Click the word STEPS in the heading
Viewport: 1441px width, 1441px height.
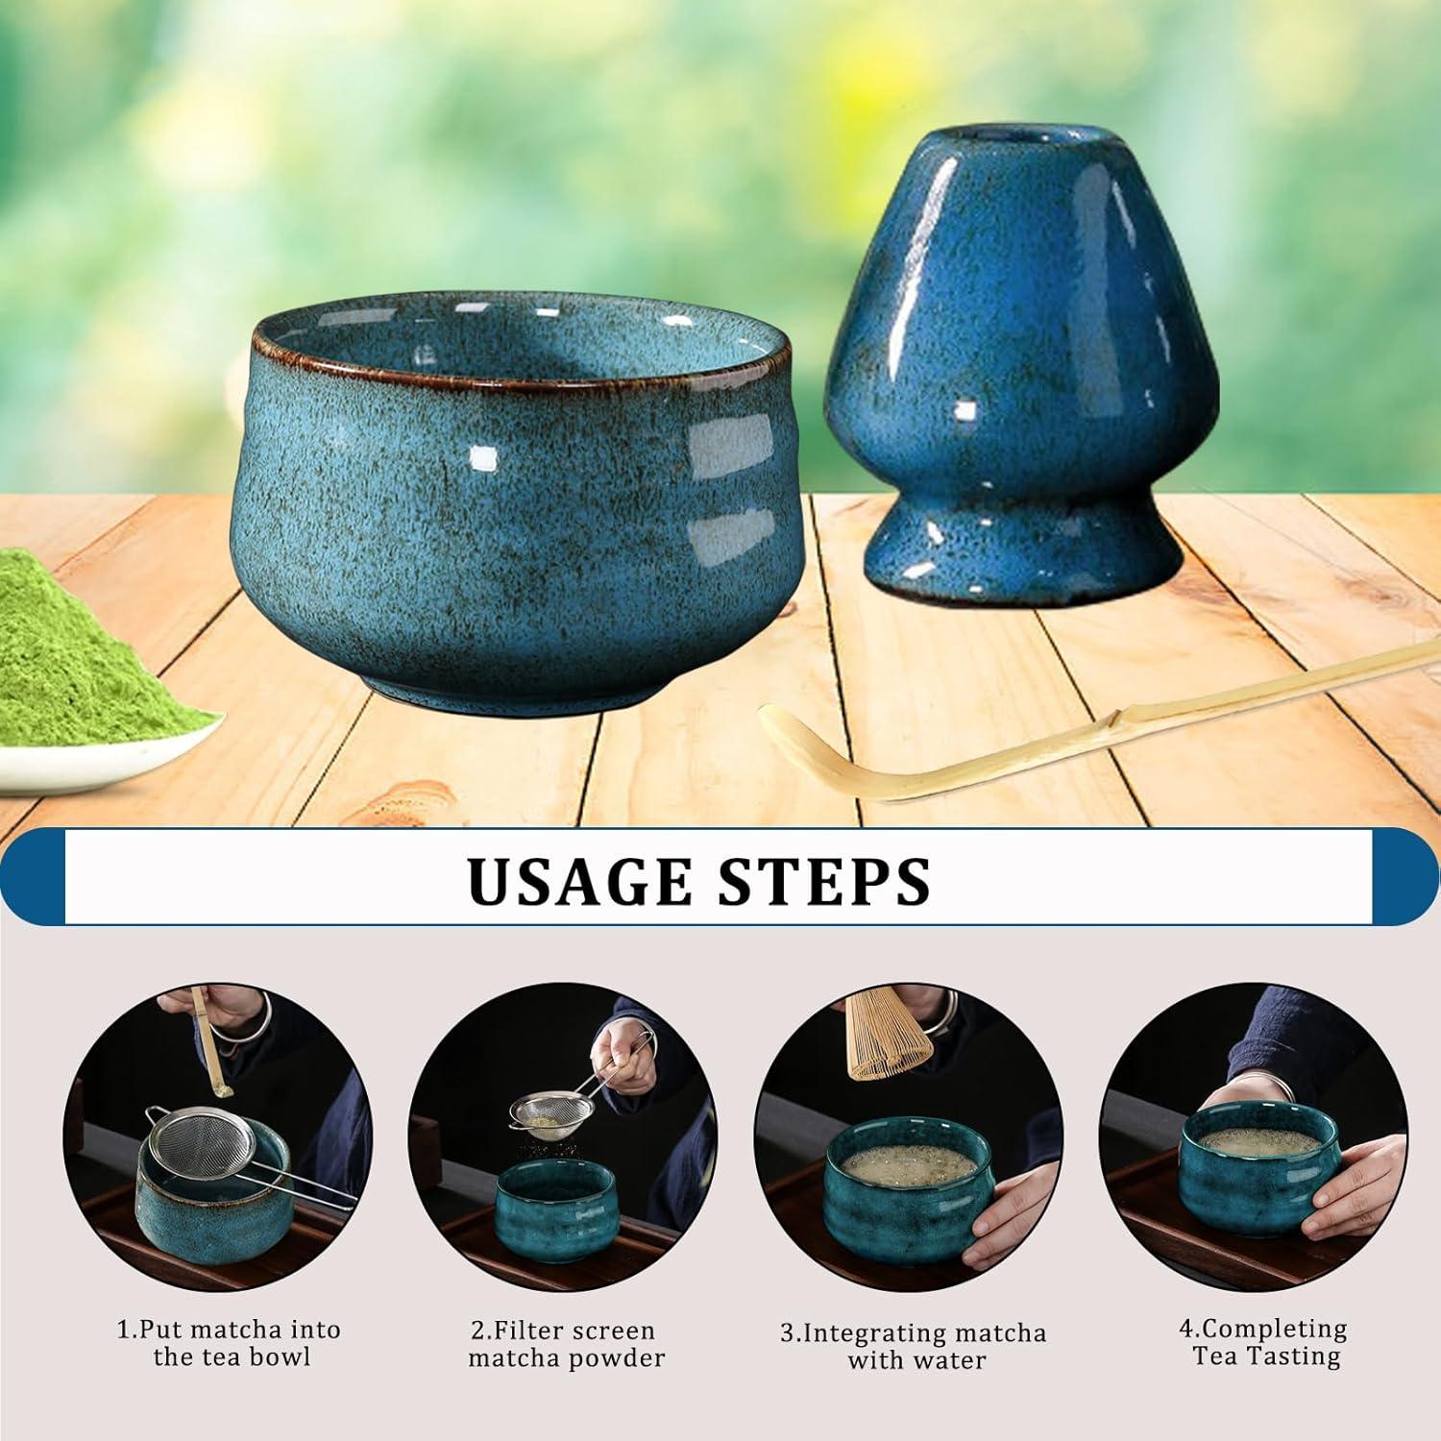826,880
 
